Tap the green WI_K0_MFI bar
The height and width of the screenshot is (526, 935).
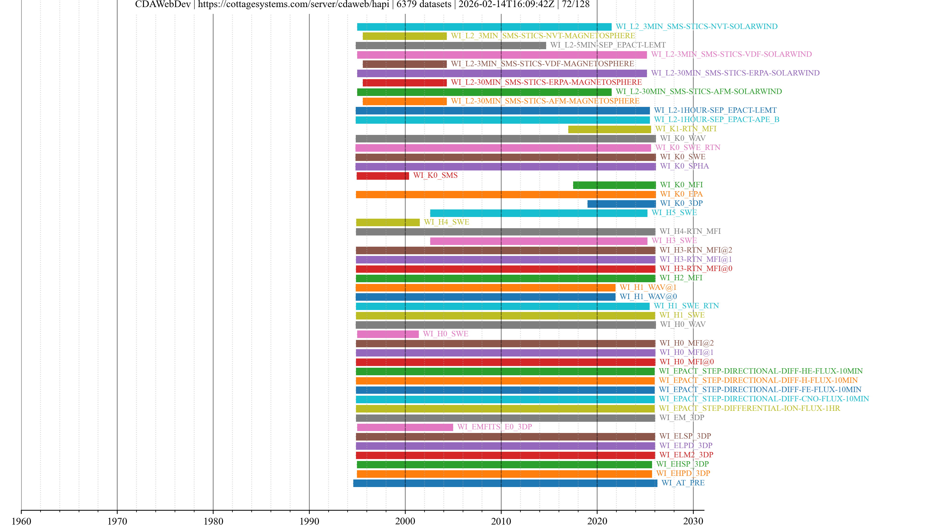(614, 185)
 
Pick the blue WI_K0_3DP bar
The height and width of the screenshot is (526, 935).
(621, 204)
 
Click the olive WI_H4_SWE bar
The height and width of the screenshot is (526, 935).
(388, 222)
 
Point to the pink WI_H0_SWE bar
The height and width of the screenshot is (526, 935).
(388, 334)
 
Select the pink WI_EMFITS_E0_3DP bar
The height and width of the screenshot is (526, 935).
(405, 427)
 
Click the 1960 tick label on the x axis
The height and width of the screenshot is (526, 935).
(21, 521)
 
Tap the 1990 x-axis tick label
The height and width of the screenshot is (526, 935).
(309, 521)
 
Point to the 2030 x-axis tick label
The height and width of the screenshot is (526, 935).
(693, 521)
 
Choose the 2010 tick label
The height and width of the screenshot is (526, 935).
(501, 521)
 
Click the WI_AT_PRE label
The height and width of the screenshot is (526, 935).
(683, 483)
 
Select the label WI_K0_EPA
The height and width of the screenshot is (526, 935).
(681, 194)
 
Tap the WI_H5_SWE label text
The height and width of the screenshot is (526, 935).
(674, 213)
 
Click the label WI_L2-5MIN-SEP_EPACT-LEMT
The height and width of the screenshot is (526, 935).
(608, 45)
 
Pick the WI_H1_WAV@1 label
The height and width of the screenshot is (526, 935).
(648, 288)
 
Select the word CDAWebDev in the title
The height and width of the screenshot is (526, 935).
(163, 4)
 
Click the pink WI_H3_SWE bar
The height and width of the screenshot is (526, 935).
(538, 241)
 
